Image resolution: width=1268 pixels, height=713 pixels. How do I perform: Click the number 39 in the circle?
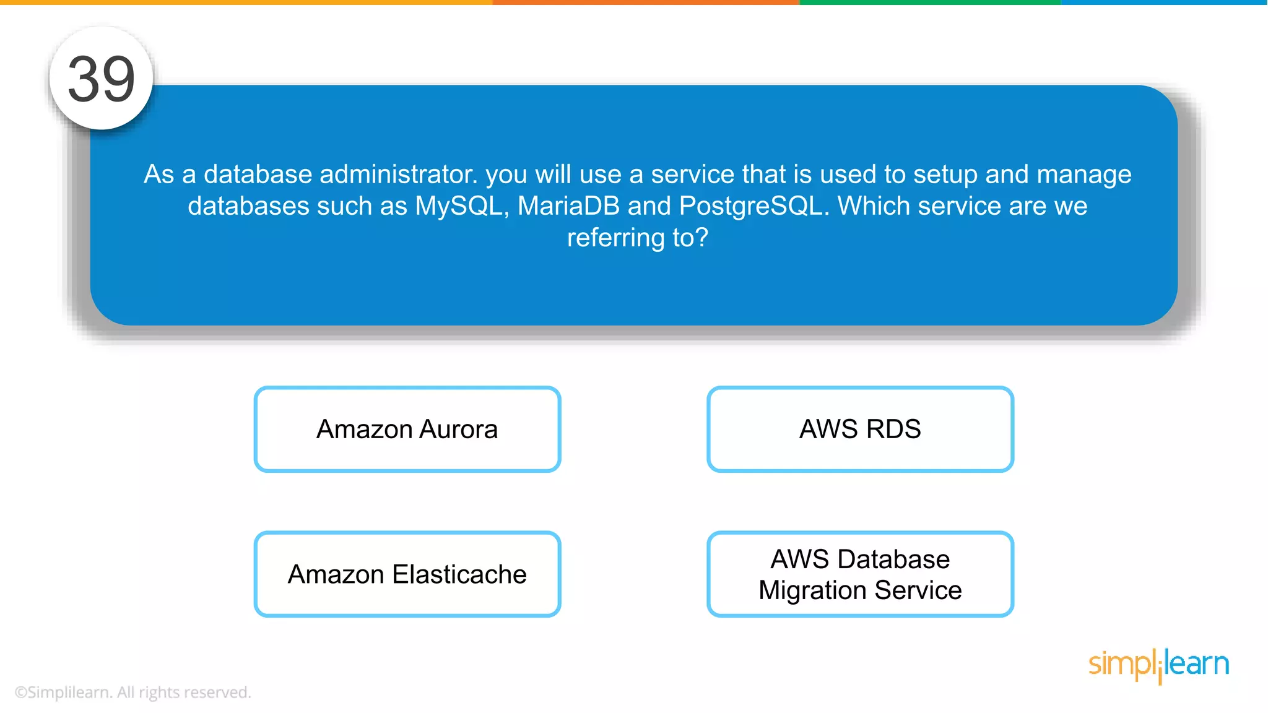coord(101,79)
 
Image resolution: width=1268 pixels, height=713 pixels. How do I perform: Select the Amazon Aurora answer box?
coord(407,429)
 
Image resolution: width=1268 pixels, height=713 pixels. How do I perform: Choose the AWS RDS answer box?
coord(860,429)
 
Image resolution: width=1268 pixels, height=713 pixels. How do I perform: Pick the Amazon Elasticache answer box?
coord(407,574)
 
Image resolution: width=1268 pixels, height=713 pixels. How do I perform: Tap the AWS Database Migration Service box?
coord(860,574)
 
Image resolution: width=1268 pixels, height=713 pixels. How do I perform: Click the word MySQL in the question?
coord(461,206)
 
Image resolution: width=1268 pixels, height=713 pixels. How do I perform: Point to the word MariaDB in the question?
coord(568,206)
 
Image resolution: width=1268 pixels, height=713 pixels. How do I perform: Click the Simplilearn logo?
coord(1158,665)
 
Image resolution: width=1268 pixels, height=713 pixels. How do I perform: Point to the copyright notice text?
coord(132,692)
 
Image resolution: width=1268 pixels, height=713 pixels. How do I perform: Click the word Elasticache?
coord(459,574)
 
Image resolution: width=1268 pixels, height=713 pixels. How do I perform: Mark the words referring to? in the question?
coord(637,238)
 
